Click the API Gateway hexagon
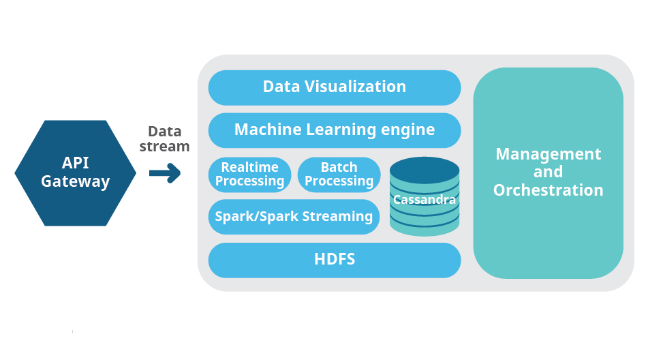coord(75,172)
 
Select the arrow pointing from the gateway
coord(165,173)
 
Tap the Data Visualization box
coord(335,88)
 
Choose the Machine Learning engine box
coord(335,131)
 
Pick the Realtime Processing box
coord(249,175)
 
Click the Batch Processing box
coord(339,175)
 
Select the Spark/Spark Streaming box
coord(294,217)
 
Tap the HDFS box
coord(335,260)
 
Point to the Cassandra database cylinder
coord(425,196)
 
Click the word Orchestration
coord(548,190)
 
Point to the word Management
coord(548,155)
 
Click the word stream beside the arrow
coord(164,147)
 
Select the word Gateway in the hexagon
coord(75,181)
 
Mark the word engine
coord(408,130)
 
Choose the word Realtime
coord(249,167)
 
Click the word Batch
coord(339,167)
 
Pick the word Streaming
coord(337,217)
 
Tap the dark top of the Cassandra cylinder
coord(425,170)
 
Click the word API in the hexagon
coord(75,163)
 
